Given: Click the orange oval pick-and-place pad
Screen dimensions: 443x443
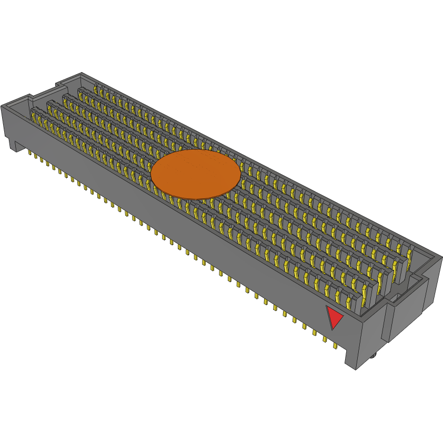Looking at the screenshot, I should (x=196, y=174).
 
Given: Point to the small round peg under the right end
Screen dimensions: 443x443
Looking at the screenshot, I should (x=373, y=356).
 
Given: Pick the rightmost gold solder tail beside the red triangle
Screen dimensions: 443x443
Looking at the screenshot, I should (x=335, y=346).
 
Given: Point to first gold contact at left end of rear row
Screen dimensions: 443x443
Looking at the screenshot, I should (x=96, y=87).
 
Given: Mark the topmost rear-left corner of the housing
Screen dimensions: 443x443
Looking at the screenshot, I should (x=82, y=73).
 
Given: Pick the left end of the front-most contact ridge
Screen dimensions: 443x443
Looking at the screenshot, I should (x=33, y=111).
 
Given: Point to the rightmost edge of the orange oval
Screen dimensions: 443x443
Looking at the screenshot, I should (x=241, y=173).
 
